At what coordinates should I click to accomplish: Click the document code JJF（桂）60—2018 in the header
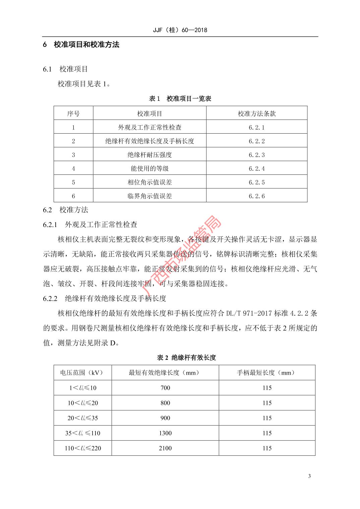(180, 30)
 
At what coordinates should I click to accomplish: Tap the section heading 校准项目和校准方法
(86, 45)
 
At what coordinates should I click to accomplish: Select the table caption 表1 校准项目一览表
(180, 98)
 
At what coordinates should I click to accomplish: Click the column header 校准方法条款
(256, 114)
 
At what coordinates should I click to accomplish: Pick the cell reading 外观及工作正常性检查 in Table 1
(149, 127)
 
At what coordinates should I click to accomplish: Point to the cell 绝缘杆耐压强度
(149, 155)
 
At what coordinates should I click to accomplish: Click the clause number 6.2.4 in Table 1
(256, 168)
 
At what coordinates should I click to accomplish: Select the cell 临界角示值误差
(149, 196)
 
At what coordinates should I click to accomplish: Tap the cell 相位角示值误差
(149, 182)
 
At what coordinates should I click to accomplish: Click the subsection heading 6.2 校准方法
(66, 210)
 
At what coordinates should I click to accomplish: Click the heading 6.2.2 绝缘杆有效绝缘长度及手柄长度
(105, 298)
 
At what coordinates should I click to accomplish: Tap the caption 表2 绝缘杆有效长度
(186, 357)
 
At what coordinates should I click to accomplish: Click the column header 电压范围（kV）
(82, 372)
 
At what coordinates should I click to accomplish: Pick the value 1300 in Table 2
(165, 433)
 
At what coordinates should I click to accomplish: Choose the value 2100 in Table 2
(165, 448)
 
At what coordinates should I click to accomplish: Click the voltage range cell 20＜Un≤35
(82, 418)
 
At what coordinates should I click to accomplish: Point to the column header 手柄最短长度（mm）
(267, 372)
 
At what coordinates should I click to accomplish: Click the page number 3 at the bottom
(309, 476)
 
